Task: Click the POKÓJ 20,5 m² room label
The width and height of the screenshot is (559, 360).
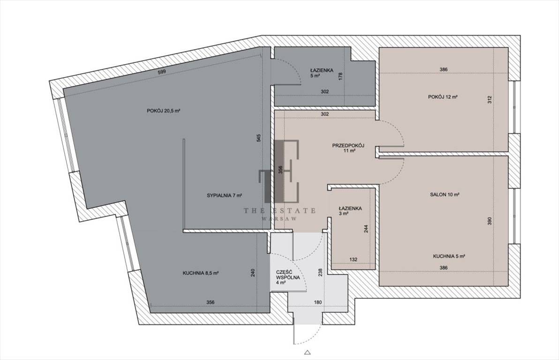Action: (x=163, y=111)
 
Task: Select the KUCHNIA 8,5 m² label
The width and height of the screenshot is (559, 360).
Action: (x=201, y=273)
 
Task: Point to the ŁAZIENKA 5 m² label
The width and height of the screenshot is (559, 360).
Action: (x=322, y=73)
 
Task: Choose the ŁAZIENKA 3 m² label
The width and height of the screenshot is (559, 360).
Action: (x=350, y=211)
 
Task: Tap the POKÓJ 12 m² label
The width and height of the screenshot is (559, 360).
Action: (x=443, y=97)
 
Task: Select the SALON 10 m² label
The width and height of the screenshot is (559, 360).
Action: (x=445, y=195)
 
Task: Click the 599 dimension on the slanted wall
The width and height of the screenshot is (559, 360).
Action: (x=162, y=72)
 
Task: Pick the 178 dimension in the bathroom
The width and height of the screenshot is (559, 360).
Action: (x=340, y=76)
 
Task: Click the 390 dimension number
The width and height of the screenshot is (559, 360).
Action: (x=490, y=221)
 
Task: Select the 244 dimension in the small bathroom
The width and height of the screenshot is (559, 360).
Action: (x=366, y=228)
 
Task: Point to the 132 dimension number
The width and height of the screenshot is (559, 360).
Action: (x=353, y=260)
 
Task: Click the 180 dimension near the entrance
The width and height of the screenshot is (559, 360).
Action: (x=317, y=303)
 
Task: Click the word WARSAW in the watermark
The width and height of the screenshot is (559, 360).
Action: (x=279, y=219)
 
